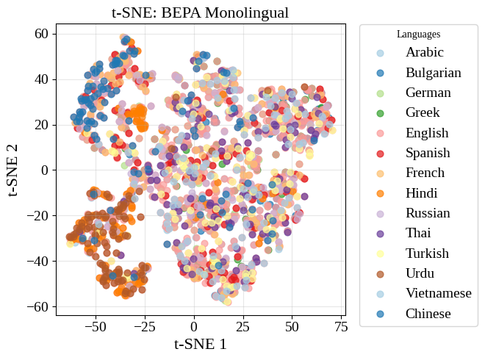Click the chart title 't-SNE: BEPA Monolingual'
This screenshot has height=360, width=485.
coord(200,12)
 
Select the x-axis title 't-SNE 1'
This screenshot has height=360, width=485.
coord(200,343)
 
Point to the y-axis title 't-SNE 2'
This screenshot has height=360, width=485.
coord(13,170)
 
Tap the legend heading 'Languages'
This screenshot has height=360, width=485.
coord(418,34)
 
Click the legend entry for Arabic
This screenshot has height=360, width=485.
coord(425,53)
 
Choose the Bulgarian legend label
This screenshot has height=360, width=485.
coord(433,73)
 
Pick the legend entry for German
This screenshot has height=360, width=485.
coord(428,93)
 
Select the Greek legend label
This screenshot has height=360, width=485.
coord(423,113)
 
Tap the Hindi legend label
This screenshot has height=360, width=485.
coord(422,193)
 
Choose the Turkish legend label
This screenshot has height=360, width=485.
coord(427,253)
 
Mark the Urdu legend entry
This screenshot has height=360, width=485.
coord(420,273)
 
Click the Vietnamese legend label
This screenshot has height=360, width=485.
coord(438,294)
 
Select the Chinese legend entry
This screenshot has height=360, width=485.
coord(428,314)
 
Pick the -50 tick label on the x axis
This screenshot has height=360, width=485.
coord(96,326)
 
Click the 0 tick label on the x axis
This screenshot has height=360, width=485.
coord(194,326)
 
